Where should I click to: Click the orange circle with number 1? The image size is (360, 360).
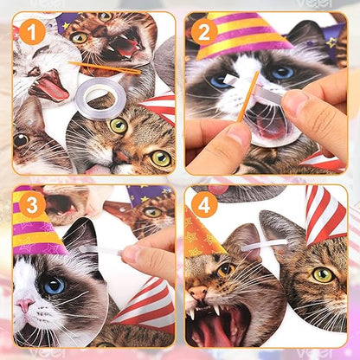[32, 34]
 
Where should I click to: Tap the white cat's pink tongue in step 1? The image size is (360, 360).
[49, 87]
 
